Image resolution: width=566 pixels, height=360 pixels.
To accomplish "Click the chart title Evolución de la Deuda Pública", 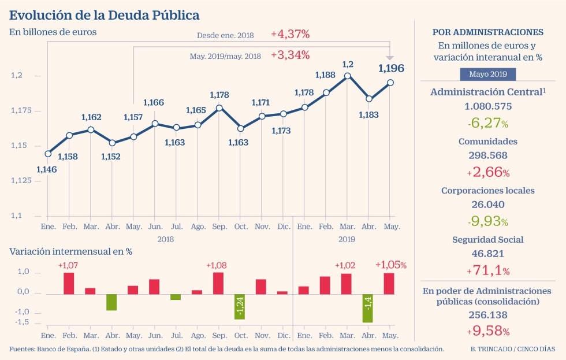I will click(x=105, y=14).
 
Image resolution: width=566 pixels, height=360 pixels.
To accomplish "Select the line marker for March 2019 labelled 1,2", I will click(x=347, y=76).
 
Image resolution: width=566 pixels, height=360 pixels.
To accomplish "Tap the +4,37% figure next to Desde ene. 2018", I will click(x=290, y=35).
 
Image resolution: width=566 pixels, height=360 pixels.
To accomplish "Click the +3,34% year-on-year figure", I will click(x=290, y=55).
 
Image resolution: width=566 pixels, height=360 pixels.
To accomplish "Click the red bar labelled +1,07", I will click(x=69, y=283).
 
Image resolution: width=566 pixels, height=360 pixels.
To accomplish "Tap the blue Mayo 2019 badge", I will click(x=488, y=74).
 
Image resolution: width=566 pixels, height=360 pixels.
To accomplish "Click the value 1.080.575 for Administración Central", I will click(x=488, y=106).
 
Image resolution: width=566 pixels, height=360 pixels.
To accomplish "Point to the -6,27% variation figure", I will click(x=488, y=123).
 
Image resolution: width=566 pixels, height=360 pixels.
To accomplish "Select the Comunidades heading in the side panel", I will click(x=488, y=141).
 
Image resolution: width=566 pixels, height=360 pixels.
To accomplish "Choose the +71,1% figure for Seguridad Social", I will click(x=488, y=270).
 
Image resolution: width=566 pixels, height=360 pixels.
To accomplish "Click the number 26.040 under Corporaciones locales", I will click(x=488, y=205).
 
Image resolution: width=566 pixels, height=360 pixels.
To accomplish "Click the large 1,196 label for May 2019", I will click(x=391, y=69).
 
